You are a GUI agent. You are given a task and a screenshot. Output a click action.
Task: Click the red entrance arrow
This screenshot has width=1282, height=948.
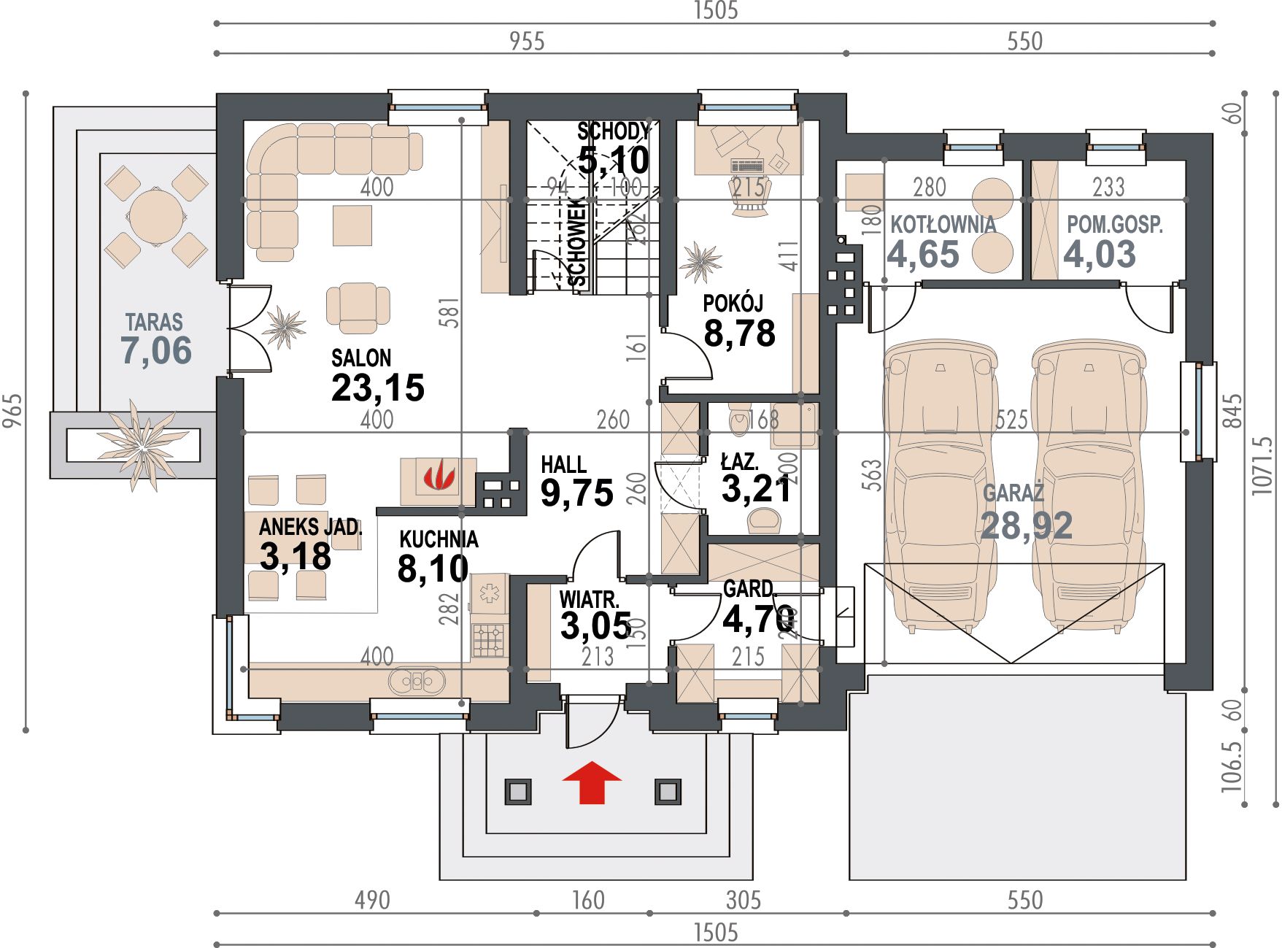tap(592, 782)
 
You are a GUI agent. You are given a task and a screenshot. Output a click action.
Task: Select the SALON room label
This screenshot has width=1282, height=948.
tap(361, 358)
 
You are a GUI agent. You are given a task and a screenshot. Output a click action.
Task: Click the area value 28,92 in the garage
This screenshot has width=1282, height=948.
tap(1027, 525)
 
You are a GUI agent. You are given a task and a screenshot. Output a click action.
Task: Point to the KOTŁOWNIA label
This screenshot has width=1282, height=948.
tap(943, 224)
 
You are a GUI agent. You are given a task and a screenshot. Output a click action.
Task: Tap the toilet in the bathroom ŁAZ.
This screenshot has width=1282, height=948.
tap(739, 420)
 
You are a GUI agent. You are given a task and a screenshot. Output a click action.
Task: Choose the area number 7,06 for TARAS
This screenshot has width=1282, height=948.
tap(156, 350)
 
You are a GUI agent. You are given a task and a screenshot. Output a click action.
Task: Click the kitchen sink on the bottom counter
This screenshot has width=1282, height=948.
tap(417, 682)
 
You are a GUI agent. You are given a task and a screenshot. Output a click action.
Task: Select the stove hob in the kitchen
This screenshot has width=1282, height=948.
tap(490, 640)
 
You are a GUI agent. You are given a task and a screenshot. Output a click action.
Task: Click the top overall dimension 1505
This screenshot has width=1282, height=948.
tap(716, 11)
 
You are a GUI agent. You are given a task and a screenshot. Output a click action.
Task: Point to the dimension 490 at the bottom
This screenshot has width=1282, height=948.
tap(372, 900)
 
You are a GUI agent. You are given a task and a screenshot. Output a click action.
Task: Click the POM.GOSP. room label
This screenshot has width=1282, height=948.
tap(1115, 224)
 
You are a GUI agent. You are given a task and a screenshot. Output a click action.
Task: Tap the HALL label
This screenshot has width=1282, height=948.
tap(563, 464)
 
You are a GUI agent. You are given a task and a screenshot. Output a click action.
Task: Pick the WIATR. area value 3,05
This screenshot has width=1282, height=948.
tap(595, 625)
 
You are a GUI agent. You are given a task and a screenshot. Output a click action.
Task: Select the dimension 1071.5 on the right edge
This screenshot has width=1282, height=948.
tap(1262, 466)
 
